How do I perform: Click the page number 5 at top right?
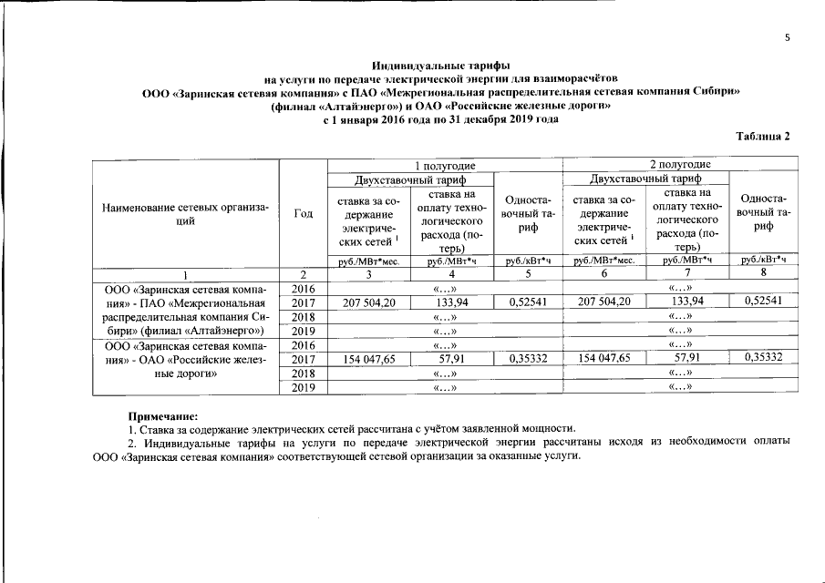[x=787, y=37]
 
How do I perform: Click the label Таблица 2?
[x=762, y=136]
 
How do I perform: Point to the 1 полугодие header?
[x=445, y=164]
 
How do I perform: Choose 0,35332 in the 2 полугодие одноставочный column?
[x=763, y=359]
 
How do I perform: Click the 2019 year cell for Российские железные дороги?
[x=303, y=388]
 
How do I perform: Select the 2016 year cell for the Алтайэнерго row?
[x=303, y=288]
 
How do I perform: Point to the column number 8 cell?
[x=763, y=272]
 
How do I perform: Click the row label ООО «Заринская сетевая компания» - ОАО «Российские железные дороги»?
[x=185, y=359]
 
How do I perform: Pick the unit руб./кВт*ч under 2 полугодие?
[x=763, y=260]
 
